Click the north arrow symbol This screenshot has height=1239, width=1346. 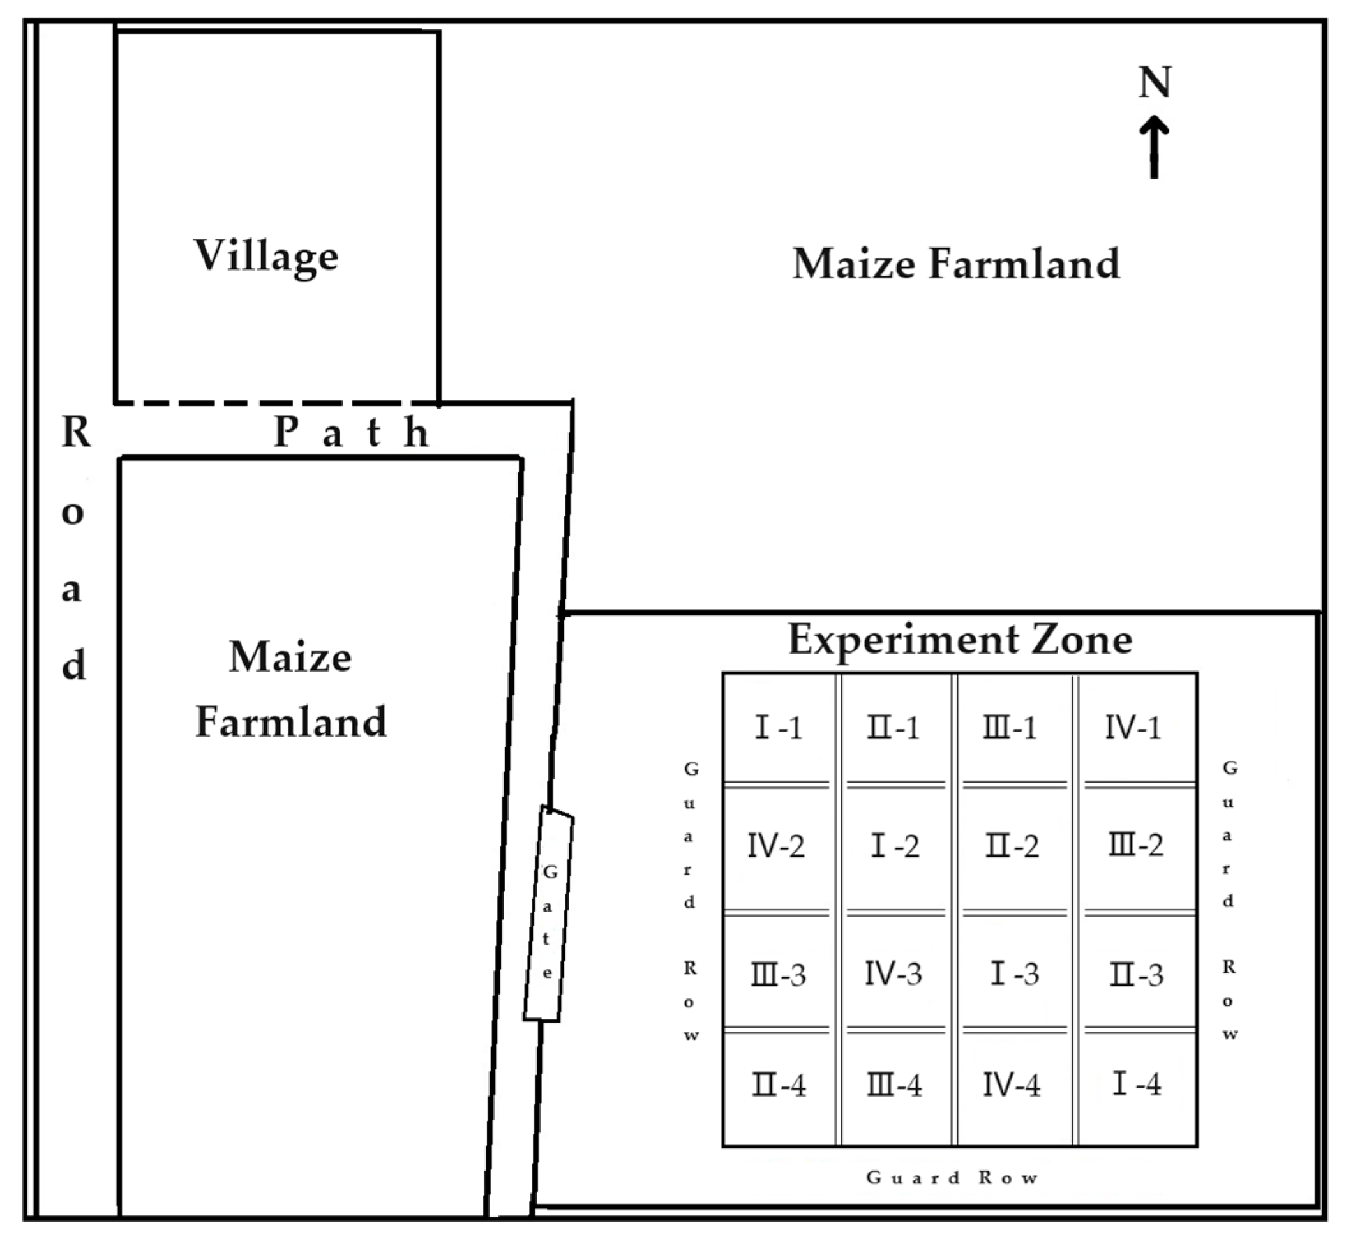(x=1155, y=147)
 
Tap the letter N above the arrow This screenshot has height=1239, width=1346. (x=1155, y=82)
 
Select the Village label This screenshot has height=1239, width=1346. (x=266, y=256)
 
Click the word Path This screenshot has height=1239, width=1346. (x=351, y=432)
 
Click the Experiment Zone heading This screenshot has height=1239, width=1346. (x=960, y=639)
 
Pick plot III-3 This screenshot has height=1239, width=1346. (x=777, y=973)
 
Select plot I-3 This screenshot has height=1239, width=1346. (x=1013, y=973)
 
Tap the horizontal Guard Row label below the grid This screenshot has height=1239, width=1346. (x=952, y=1178)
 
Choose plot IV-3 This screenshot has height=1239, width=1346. (x=894, y=973)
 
